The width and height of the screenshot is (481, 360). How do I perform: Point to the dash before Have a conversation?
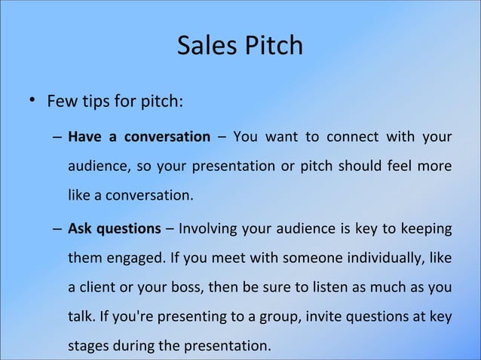point(58,138)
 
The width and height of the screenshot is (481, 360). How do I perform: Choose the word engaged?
point(131,258)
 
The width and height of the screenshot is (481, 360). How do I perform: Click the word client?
point(98,288)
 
